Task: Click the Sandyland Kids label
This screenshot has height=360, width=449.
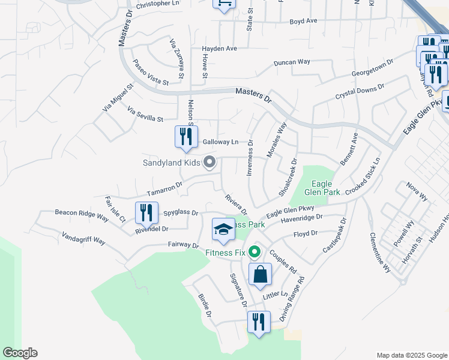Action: pyautogui.click(x=171, y=163)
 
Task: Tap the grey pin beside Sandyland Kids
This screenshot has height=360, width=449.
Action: pyautogui.click(x=209, y=162)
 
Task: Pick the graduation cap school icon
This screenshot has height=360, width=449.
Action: pyautogui.click(x=223, y=230)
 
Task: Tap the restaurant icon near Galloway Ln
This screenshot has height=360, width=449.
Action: pyautogui.click(x=186, y=136)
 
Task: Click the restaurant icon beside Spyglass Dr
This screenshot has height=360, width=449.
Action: pyautogui.click(x=146, y=212)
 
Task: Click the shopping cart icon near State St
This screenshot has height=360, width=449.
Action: pyautogui.click(x=224, y=4)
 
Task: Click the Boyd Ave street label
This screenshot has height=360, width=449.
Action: pyautogui.click(x=303, y=20)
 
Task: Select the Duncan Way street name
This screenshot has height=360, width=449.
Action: pyautogui.click(x=292, y=62)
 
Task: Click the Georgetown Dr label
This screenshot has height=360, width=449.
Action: pyautogui.click(x=372, y=68)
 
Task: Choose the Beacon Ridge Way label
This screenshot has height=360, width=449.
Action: pyautogui.click(x=82, y=212)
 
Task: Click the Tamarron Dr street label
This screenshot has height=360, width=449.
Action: pyautogui.click(x=164, y=189)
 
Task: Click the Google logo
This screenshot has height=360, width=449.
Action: pyautogui.click(x=20, y=353)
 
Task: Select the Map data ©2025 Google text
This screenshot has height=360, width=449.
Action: pyautogui.click(x=412, y=355)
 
